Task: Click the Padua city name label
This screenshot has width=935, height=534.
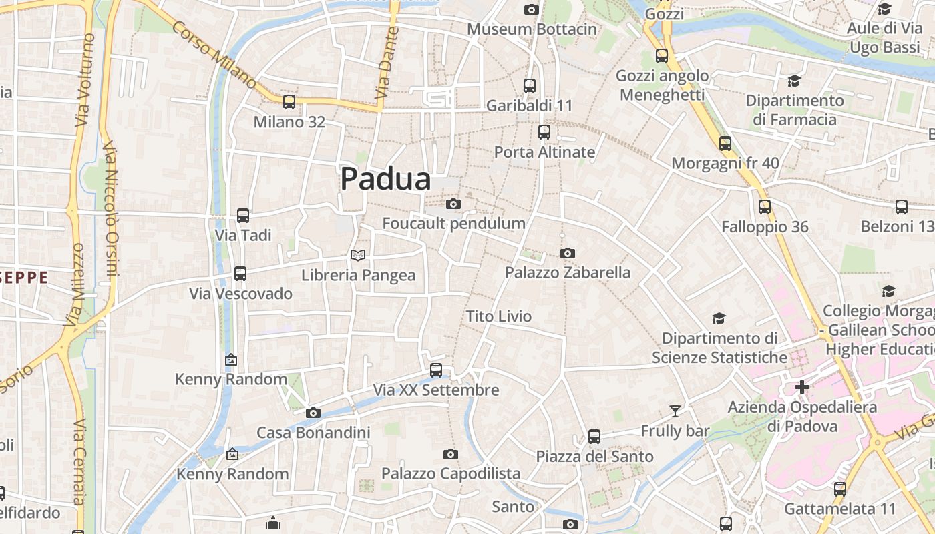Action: pyautogui.click(x=385, y=179)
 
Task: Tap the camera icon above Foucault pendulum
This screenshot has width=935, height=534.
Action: pyautogui.click(x=453, y=204)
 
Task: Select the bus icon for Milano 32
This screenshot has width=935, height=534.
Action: pyautogui.click(x=289, y=102)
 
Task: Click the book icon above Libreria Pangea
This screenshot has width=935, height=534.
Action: pyautogui.click(x=358, y=255)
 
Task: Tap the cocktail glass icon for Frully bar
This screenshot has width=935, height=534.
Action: pyautogui.click(x=675, y=411)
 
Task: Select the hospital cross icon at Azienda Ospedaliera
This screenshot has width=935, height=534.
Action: pyautogui.click(x=802, y=387)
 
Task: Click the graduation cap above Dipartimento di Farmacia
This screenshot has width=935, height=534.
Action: pyautogui.click(x=794, y=81)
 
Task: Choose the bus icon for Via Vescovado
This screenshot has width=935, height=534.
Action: pyautogui.click(x=240, y=274)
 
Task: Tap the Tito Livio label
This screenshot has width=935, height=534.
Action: pyautogui.click(x=499, y=316)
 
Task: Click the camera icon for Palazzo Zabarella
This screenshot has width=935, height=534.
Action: pyautogui.click(x=568, y=253)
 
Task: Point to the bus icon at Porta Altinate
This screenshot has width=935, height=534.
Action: pyautogui.click(x=544, y=132)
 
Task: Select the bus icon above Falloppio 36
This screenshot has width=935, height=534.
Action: pyautogui.click(x=765, y=207)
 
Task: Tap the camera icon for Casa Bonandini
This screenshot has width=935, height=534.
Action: pyautogui.click(x=313, y=413)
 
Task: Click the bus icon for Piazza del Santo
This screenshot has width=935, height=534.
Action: pyautogui.click(x=594, y=437)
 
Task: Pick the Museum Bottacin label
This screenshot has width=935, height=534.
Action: pyautogui.click(x=532, y=29)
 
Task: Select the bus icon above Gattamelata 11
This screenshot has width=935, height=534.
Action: pyautogui.click(x=840, y=489)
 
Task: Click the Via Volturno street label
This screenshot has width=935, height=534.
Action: pyautogui.click(x=84, y=80)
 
